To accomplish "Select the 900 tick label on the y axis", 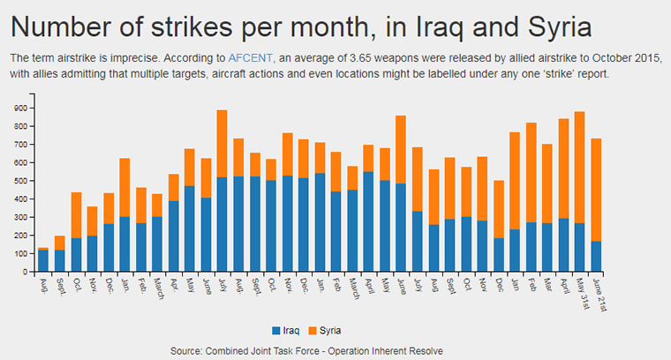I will click(20, 108).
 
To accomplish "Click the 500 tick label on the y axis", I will click(20, 181).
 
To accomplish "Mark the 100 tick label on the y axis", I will click(20, 254).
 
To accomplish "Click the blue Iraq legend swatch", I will click(276, 331).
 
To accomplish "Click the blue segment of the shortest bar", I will click(43, 261).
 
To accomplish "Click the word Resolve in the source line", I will click(424, 351).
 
